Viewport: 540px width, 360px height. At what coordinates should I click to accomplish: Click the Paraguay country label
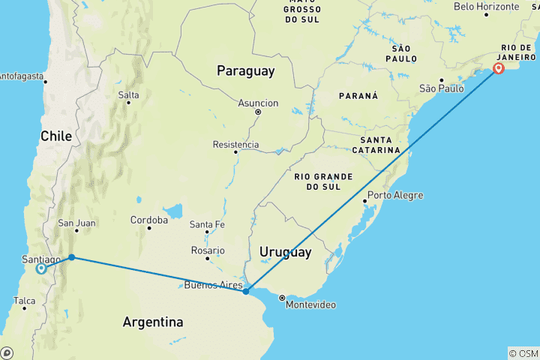tap(245, 71)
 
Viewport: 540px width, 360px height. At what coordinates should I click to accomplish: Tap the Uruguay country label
tap(285, 253)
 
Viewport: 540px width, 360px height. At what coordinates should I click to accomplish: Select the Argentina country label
tap(153, 322)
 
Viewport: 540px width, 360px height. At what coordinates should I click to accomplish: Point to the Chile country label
tap(56, 136)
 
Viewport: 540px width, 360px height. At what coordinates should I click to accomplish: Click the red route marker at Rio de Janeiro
tap(499, 69)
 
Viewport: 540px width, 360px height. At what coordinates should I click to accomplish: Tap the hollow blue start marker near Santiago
tap(40, 268)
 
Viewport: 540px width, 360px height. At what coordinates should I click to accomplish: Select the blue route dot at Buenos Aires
tap(246, 291)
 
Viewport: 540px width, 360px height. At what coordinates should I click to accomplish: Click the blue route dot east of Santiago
tap(71, 257)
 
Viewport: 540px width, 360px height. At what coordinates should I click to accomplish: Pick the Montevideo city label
tap(309, 305)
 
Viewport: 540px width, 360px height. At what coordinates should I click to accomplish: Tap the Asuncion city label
tap(258, 103)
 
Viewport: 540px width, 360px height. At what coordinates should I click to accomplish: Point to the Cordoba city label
tap(148, 220)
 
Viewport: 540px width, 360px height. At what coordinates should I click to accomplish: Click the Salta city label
tap(128, 95)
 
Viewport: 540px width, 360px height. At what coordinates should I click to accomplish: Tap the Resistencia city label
tap(236, 145)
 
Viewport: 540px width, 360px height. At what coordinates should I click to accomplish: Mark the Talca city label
tap(24, 301)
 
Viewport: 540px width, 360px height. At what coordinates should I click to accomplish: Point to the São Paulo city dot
tap(441, 80)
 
